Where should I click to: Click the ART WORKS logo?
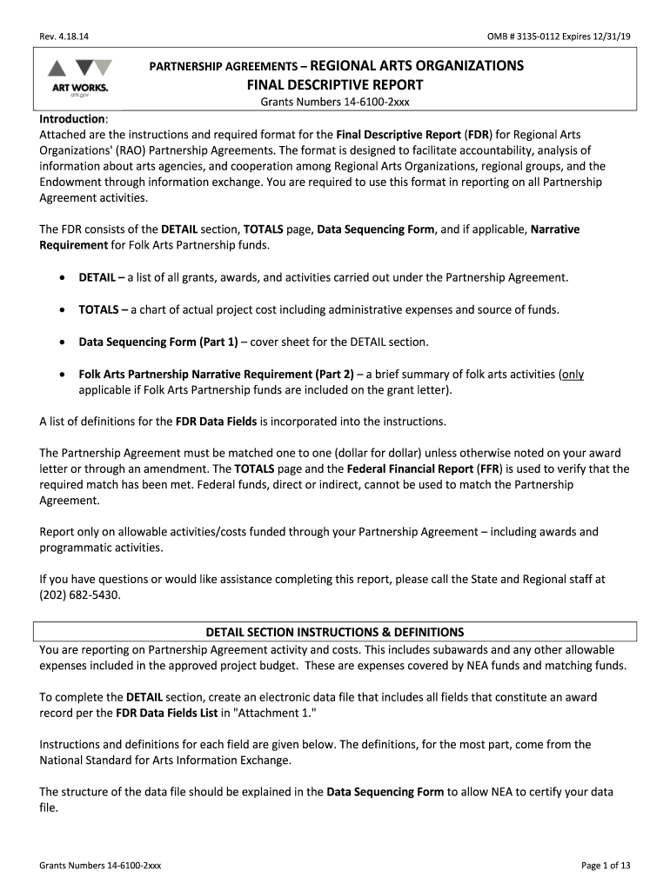click(78, 78)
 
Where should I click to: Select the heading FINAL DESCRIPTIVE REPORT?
click(335, 85)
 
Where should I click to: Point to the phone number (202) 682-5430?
click(81, 595)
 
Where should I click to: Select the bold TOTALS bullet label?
click(100, 309)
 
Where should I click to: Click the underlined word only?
click(572, 374)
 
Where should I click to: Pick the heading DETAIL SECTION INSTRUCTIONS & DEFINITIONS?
click(335, 632)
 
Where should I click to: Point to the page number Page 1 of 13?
click(606, 866)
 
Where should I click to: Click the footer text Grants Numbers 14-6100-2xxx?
click(100, 866)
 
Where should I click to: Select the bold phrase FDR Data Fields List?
click(165, 713)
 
